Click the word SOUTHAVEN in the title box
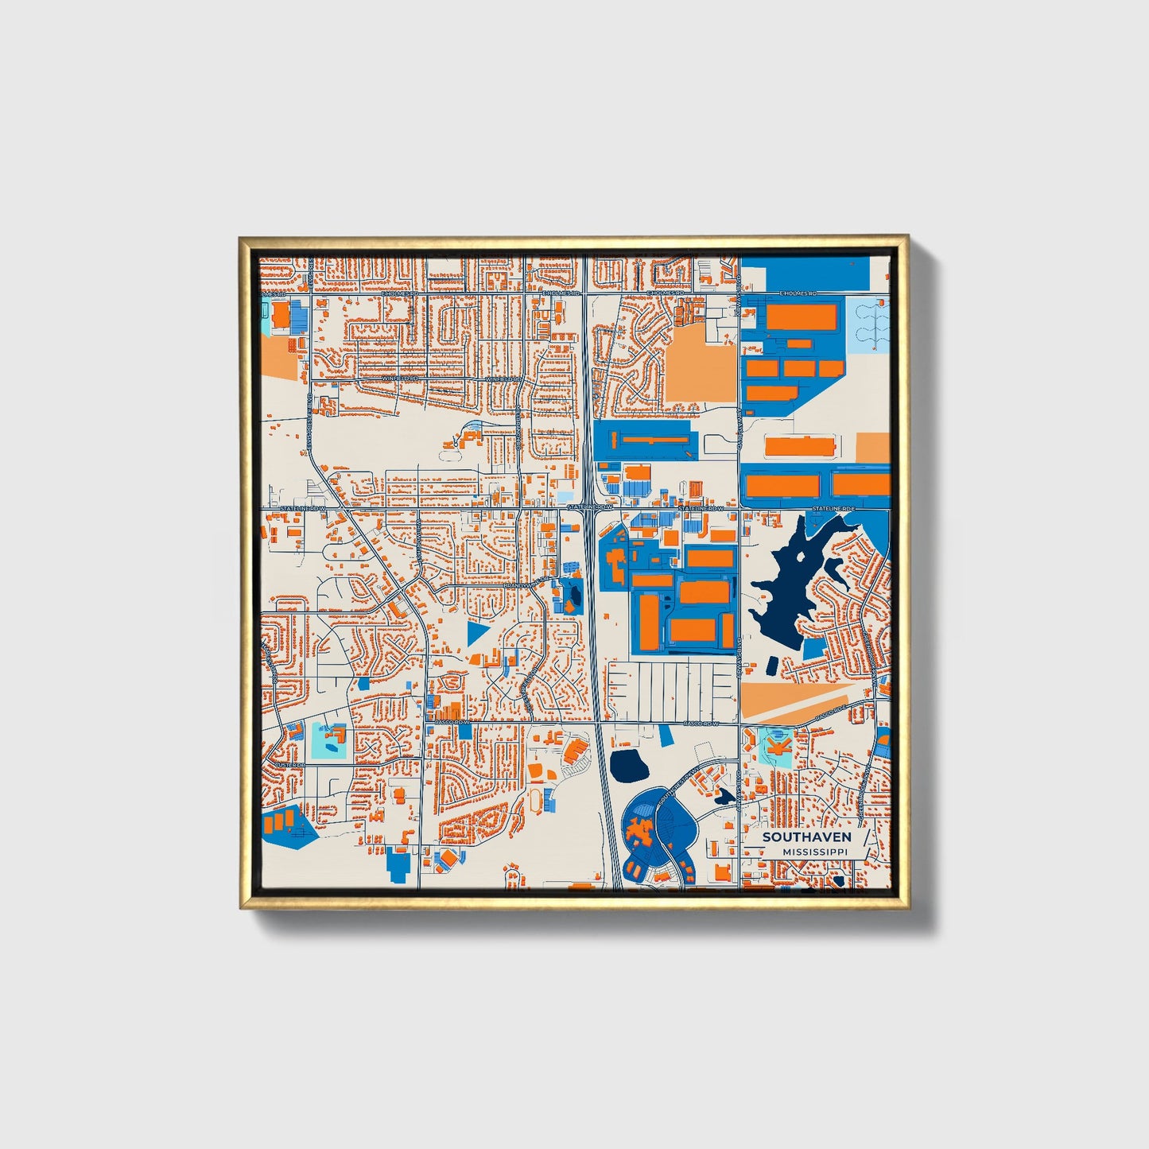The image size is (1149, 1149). pos(806,837)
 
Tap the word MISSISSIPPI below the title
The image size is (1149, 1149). pos(814,852)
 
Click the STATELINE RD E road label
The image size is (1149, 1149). pos(833,507)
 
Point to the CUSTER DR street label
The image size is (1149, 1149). pos(290,765)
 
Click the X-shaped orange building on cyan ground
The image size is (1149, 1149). pos(776,746)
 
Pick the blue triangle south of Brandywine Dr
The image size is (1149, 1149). pos(476,633)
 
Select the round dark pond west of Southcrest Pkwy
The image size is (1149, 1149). pos(627,765)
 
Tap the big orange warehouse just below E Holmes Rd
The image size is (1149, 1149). pos(802,316)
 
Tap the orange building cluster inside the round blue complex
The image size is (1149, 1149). pos(639,833)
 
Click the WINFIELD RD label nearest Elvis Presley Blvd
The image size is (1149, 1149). pos(400,379)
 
